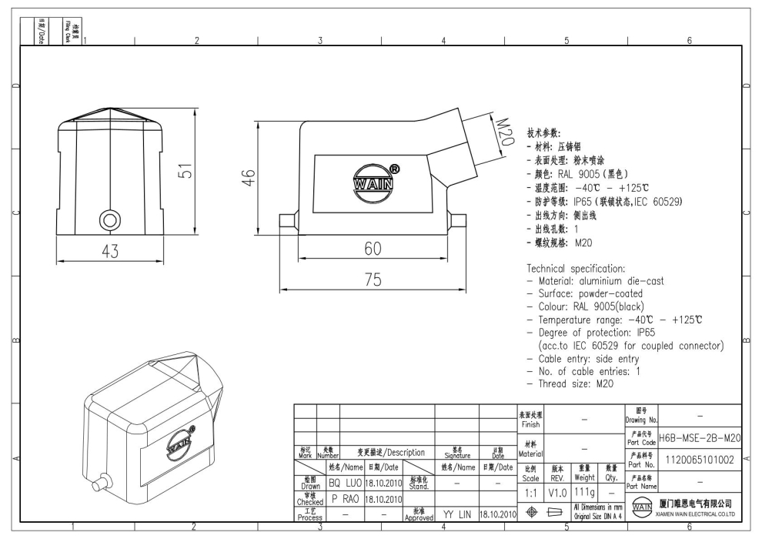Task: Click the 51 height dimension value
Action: point(186,171)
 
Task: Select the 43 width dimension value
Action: point(110,251)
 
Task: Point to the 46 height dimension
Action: point(249,177)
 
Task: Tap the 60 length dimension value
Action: point(373,249)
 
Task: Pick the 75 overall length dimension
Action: point(373,280)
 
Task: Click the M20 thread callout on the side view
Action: point(506,132)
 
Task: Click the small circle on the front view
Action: point(110,220)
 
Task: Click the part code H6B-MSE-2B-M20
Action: point(700,438)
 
